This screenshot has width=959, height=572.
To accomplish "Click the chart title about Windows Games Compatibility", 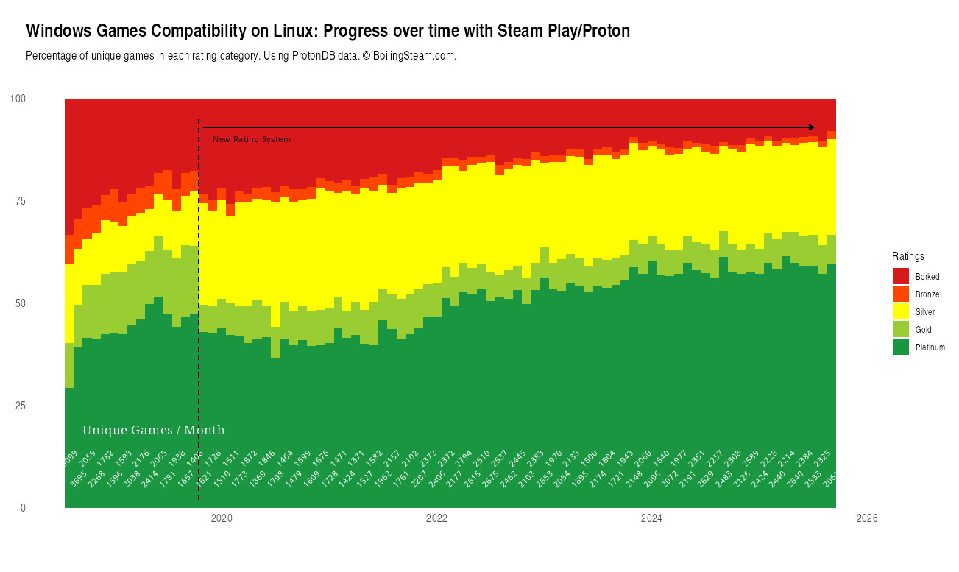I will [328, 31].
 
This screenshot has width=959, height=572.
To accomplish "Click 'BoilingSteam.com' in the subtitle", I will [414, 56].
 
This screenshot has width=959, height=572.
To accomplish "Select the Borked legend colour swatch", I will [900, 276].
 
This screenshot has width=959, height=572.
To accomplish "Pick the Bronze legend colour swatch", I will [900, 294].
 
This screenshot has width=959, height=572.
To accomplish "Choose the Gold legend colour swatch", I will [900, 329].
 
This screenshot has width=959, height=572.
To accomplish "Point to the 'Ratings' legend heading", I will [908, 256].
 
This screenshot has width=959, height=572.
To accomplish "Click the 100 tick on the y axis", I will [18, 99].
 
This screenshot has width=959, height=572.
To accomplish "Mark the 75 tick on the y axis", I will [20, 201].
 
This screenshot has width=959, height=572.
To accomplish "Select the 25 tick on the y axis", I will [20, 406].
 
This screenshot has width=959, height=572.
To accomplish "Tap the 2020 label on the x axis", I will [222, 519].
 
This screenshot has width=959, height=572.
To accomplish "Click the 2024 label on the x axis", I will [651, 519].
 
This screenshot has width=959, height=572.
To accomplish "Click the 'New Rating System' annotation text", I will [252, 139].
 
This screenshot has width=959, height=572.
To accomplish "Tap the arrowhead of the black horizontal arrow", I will [811, 127].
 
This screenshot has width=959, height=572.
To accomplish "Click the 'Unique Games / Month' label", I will [153, 430].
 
